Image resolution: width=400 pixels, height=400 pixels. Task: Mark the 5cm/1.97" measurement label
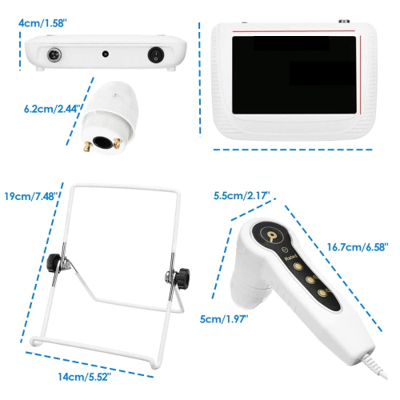[224, 319]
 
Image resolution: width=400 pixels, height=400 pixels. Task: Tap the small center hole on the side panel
[106, 55]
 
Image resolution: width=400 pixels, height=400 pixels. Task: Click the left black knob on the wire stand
[55, 262]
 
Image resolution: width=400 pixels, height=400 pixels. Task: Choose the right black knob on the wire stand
[180, 275]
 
